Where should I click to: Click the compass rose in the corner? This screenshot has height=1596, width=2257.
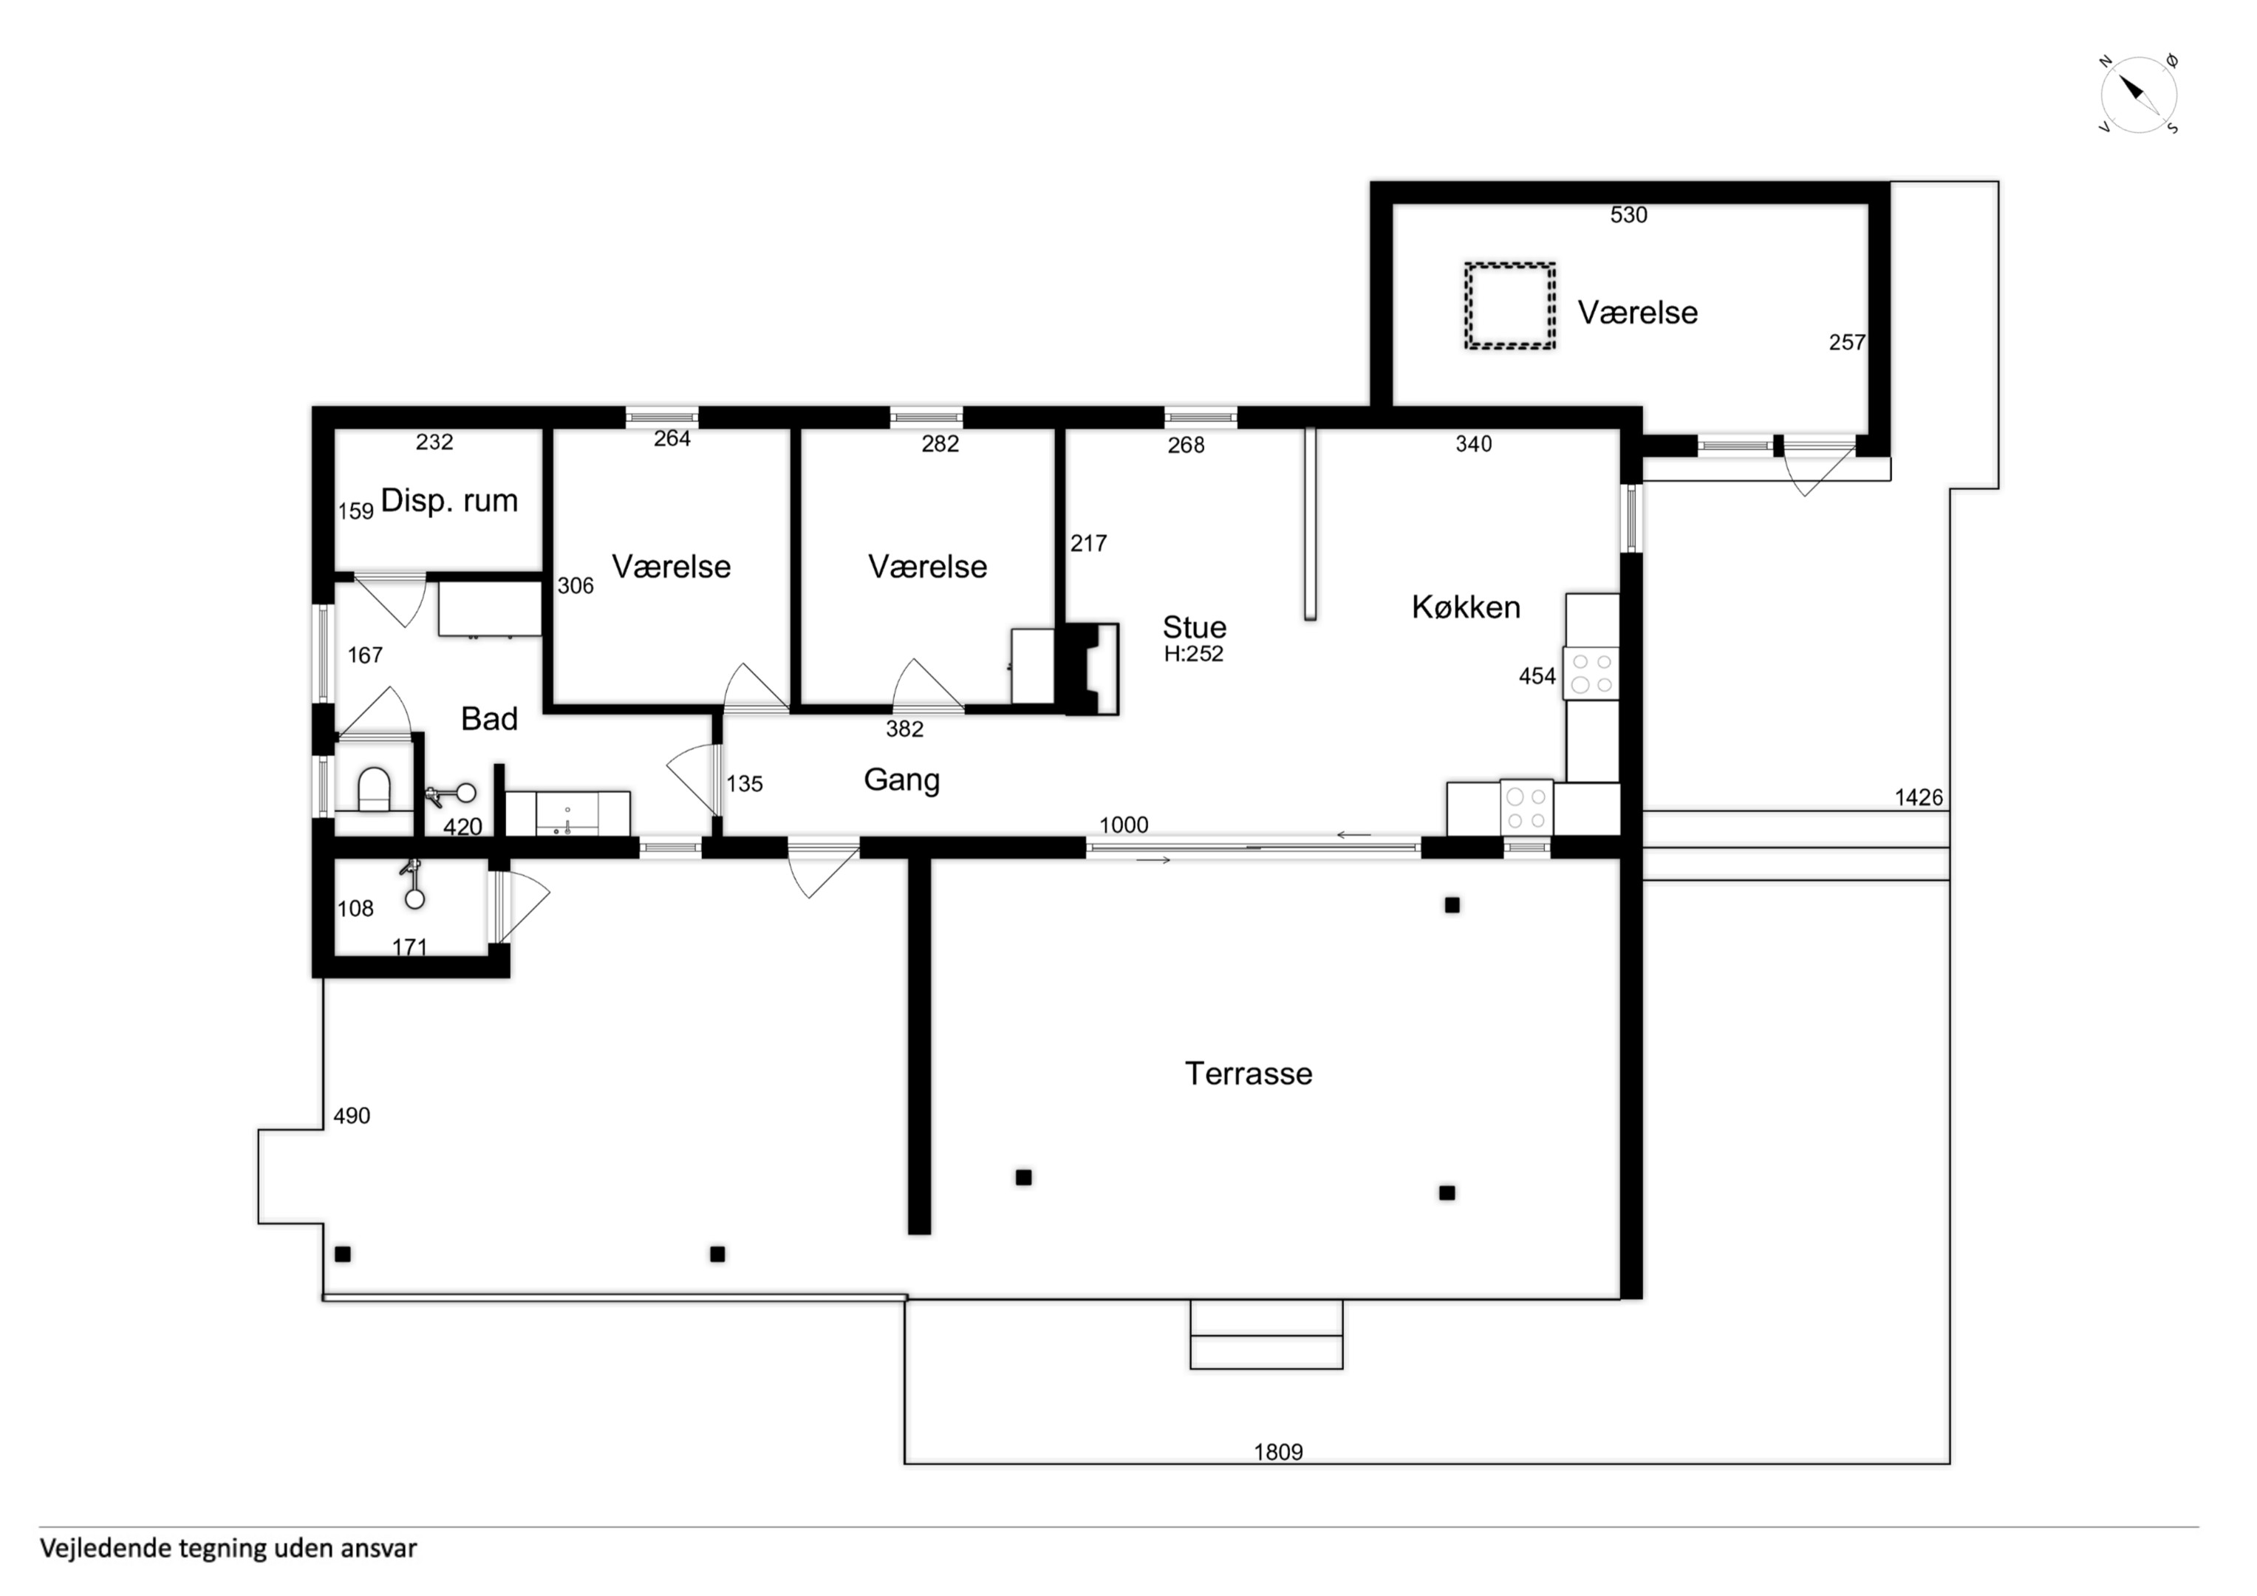click(2139, 95)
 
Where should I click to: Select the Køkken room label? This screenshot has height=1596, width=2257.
click(1466, 607)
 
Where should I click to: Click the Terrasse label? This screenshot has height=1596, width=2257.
click(1249, 1073)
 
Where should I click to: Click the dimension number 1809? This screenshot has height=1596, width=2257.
click(1278, 1451)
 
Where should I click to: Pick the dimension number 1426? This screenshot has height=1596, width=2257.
click(1919, 797)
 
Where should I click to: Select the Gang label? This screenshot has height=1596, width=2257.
click(901, 780)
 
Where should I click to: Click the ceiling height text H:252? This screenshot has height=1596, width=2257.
click(1193, 654)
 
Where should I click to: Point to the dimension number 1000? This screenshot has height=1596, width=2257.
click(1124, 825)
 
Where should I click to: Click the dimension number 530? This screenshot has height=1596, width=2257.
click(1628, 215)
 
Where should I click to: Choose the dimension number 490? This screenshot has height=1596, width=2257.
click(352, 1116)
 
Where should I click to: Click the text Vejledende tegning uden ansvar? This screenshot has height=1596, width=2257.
click(228, 1548)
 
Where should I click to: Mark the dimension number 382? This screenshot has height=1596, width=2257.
click(904, 729)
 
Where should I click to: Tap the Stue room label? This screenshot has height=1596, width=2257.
click(1195, 627)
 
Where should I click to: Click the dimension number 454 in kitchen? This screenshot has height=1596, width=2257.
click(1537, 677)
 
